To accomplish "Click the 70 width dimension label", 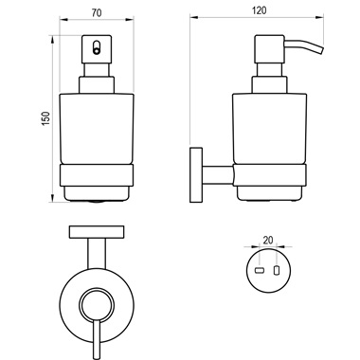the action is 97,13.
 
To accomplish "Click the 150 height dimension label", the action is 45,118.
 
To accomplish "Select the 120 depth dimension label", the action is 260,10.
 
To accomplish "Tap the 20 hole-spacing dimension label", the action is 268,240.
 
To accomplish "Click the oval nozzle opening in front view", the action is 97,47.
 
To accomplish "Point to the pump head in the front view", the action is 97,49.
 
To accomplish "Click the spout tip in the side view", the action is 321,51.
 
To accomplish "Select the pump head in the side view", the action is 269,49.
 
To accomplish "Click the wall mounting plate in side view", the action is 196,174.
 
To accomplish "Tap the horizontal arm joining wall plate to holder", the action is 218,174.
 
